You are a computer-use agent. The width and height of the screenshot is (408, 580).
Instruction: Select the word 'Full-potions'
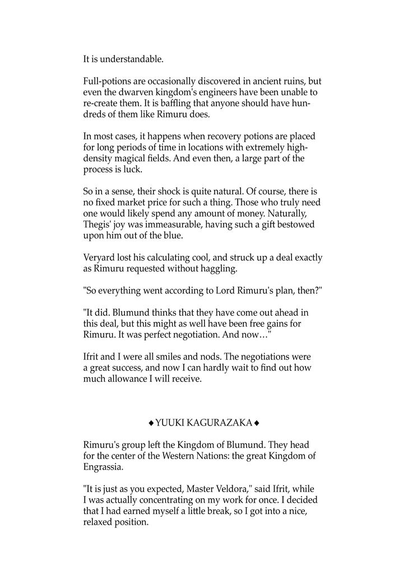tap(107, 81)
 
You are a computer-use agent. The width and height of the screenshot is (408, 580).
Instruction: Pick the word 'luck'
tap(129, 169)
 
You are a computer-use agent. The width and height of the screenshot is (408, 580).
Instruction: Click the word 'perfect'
tap(175, 334)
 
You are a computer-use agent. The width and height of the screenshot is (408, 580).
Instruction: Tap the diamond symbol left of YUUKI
tap(151, 422)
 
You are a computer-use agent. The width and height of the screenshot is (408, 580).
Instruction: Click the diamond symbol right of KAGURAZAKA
tap(256, 422)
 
